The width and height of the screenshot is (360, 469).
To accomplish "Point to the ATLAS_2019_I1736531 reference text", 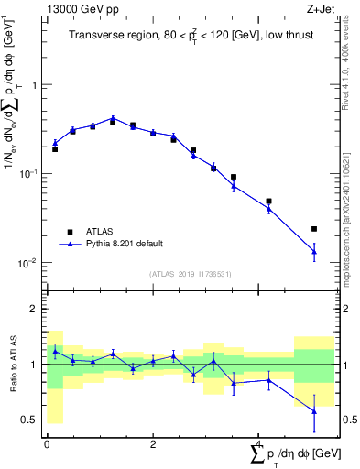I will click(x=190, y=274).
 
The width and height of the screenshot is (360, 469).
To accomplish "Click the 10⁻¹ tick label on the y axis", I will click(x=27, y=173).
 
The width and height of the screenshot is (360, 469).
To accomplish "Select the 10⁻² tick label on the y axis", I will click(x=27, y=263).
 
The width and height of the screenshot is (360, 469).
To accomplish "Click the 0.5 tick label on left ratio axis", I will click(x=28, y=420).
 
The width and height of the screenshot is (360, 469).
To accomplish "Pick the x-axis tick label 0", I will click(x=47, y=443).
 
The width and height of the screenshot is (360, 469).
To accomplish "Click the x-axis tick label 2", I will click(x=153, y=443).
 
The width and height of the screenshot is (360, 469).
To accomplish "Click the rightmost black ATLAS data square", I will click(x=314, y=229).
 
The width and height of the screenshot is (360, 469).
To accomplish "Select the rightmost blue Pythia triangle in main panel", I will click(x=314, y=251).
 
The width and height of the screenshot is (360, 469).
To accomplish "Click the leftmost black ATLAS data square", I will click(x=55, y=148).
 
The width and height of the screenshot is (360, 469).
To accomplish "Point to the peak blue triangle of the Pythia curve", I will click(x=113, y=118).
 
